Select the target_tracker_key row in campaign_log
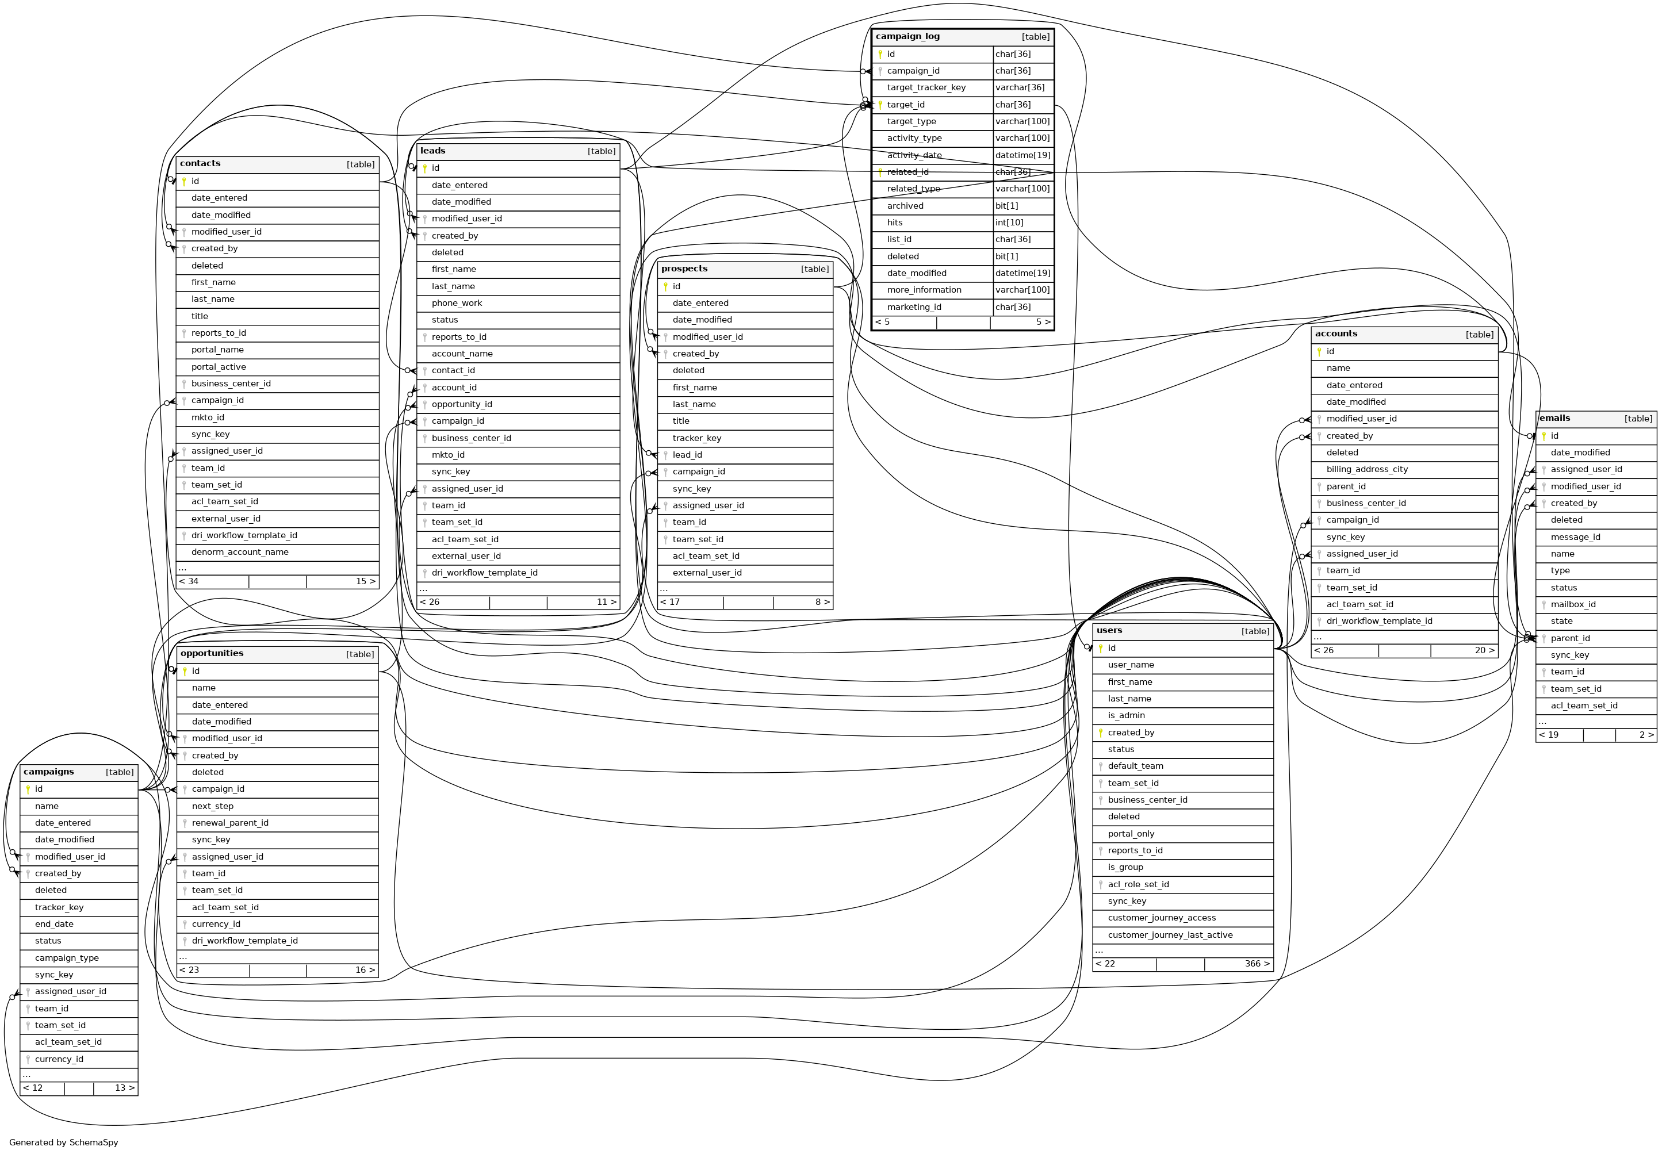pos(926,87)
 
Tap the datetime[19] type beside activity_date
pos(1022,155)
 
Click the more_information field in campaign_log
pos(924,290)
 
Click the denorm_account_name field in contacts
pos(239,551)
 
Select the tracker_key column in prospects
pos(696,438)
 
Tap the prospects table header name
pos(684,269)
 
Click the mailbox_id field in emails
pos(1573,604)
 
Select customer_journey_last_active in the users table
pos(1170,935)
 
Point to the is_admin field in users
pos(1126,715)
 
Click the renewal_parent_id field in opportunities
pos(230,823)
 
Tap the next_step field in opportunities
pos(213,806)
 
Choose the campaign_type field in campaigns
pos(67,958)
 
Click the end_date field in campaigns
pos(53,924)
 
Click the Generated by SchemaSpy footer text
pos(64,1143)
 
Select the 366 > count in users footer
pos(1257,964)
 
